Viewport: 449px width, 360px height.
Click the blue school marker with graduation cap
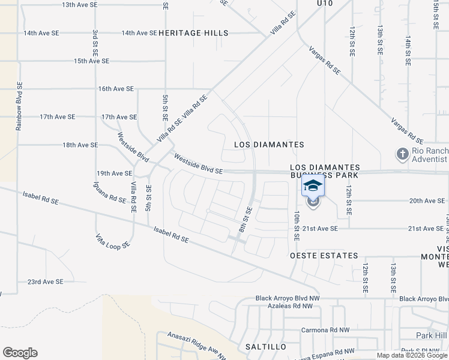click(313, 186)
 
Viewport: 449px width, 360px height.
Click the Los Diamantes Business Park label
click(325, 171)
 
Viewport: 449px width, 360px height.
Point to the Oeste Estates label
click(324, 256)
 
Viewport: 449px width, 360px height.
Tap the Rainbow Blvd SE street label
click(19, 106)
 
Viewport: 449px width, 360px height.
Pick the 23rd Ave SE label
click(45, 281)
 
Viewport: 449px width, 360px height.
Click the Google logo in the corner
click(20, 353)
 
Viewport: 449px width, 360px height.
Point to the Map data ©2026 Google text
click(412, 355)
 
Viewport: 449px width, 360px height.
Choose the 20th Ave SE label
click(426, 201)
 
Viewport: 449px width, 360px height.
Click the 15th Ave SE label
click(91, 61)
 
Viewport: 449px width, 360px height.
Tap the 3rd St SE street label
click(95, 42)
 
